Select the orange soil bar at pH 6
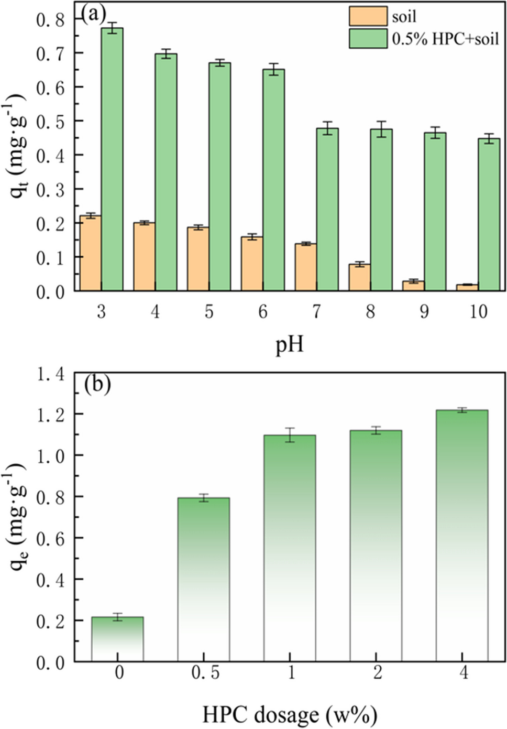coord(252,264)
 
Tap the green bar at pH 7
coord(327,210)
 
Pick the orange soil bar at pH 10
coord(467,287)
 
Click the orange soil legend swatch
coord(368,16)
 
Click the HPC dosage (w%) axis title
coord(290,714)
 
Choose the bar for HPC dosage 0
coord(117,639)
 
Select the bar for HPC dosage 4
coord(462,535)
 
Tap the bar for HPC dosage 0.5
coord(203,579)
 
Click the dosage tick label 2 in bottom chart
coord(377,673)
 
